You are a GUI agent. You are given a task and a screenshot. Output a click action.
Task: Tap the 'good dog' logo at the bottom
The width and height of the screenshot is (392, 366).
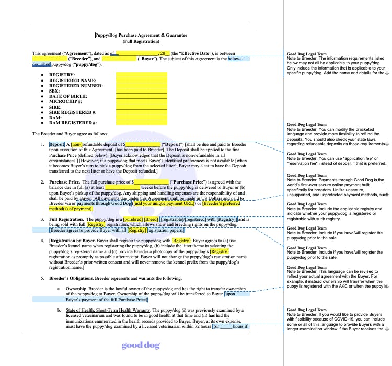(x=141, y=345)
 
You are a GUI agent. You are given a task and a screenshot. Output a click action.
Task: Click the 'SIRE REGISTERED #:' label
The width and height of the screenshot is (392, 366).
(x=73, y=112)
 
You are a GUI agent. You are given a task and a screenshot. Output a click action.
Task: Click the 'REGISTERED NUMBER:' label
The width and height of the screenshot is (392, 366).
(x=76, y=86)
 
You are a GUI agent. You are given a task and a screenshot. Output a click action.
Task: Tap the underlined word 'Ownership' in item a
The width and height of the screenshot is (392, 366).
(x=76, y=289)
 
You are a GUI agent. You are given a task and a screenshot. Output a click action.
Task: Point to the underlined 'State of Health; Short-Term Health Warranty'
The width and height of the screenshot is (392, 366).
(x=110, y=310)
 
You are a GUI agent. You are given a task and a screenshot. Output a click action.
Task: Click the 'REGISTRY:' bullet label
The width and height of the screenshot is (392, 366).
(x=62, y=75)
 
